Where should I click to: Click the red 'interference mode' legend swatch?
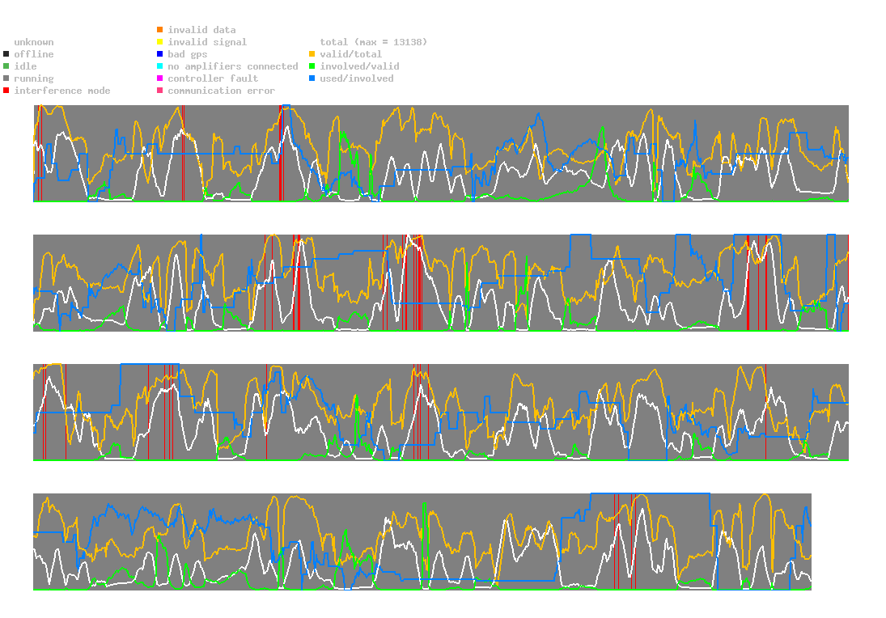tap(6, 91)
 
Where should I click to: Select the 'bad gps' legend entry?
tap(187, 54)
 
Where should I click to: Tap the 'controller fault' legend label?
tap(213, 78)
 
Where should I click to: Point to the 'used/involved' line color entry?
tap(357, 78)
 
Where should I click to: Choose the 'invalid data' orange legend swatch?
tap(160, 30)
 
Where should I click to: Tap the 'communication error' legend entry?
tap(221, 91)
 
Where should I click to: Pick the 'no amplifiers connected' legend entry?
tap(233, 66)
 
